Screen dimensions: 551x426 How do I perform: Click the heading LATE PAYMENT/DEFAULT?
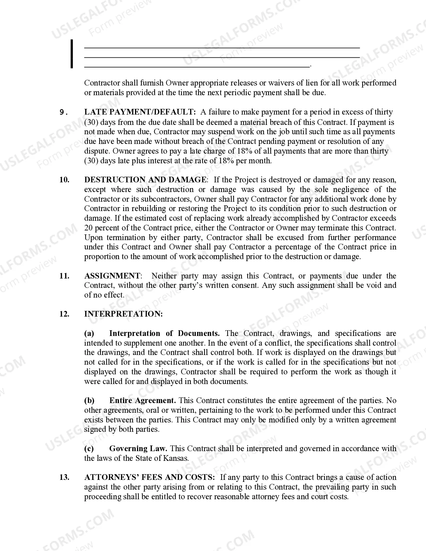pos(140,112)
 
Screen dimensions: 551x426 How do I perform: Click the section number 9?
pos(63,112)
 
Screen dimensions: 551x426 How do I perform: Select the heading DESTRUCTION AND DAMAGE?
pos(145,180)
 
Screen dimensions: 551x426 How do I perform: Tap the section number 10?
pos(64,180)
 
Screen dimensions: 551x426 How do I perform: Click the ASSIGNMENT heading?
pos(112,276)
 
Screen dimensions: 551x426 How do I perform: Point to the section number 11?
pos(64,276)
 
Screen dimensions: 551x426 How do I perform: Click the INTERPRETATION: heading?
pos(123,314)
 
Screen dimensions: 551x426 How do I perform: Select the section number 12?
pos(64,314)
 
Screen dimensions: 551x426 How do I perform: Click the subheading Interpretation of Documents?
pos(164,333)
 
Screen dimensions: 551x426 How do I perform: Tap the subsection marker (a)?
pos(89,333)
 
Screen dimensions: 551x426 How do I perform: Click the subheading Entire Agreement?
pos(143,400)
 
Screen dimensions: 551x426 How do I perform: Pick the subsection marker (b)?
pos(89,400)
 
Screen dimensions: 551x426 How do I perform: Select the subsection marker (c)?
pos(89,448)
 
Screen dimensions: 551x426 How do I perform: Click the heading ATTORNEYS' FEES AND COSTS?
pos(149,477)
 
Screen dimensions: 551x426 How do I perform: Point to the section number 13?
pos(64,477)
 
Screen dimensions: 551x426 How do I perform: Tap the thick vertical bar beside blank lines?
pos(72,54)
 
